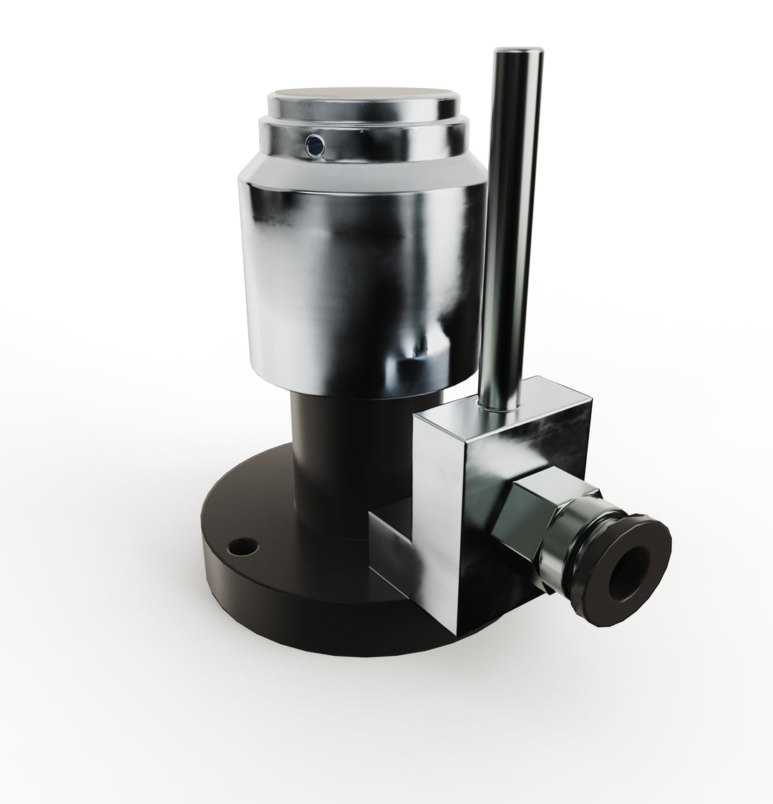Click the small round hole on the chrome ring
(313, 146)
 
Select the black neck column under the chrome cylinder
(322, 458)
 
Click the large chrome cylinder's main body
(358, 286)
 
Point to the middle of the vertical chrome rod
(510, 229)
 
